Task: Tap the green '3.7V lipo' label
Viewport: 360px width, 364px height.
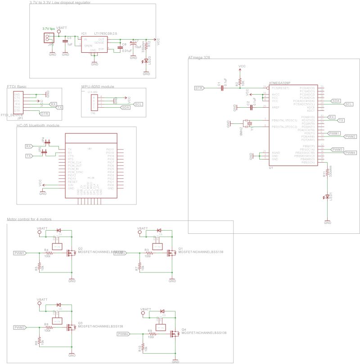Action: (49, 29)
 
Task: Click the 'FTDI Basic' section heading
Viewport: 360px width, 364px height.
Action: (17, 86)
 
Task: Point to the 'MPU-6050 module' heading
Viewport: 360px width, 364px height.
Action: (98, 86)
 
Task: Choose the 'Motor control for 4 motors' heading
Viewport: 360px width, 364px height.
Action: (29, 219)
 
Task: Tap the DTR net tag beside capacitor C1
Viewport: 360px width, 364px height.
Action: (198, 88)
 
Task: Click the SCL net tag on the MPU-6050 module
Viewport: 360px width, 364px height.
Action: (139, 104)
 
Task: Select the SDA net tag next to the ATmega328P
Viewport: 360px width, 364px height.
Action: (336, 100)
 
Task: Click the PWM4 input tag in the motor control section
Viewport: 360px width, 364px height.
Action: (123, 334)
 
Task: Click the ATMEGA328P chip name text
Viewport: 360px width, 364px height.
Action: (279, 83)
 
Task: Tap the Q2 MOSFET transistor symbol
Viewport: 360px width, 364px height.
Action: (70, 253)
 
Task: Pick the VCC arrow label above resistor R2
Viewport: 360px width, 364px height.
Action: (242, 67)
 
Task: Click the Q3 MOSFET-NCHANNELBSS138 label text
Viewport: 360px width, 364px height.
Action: (100, 326)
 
